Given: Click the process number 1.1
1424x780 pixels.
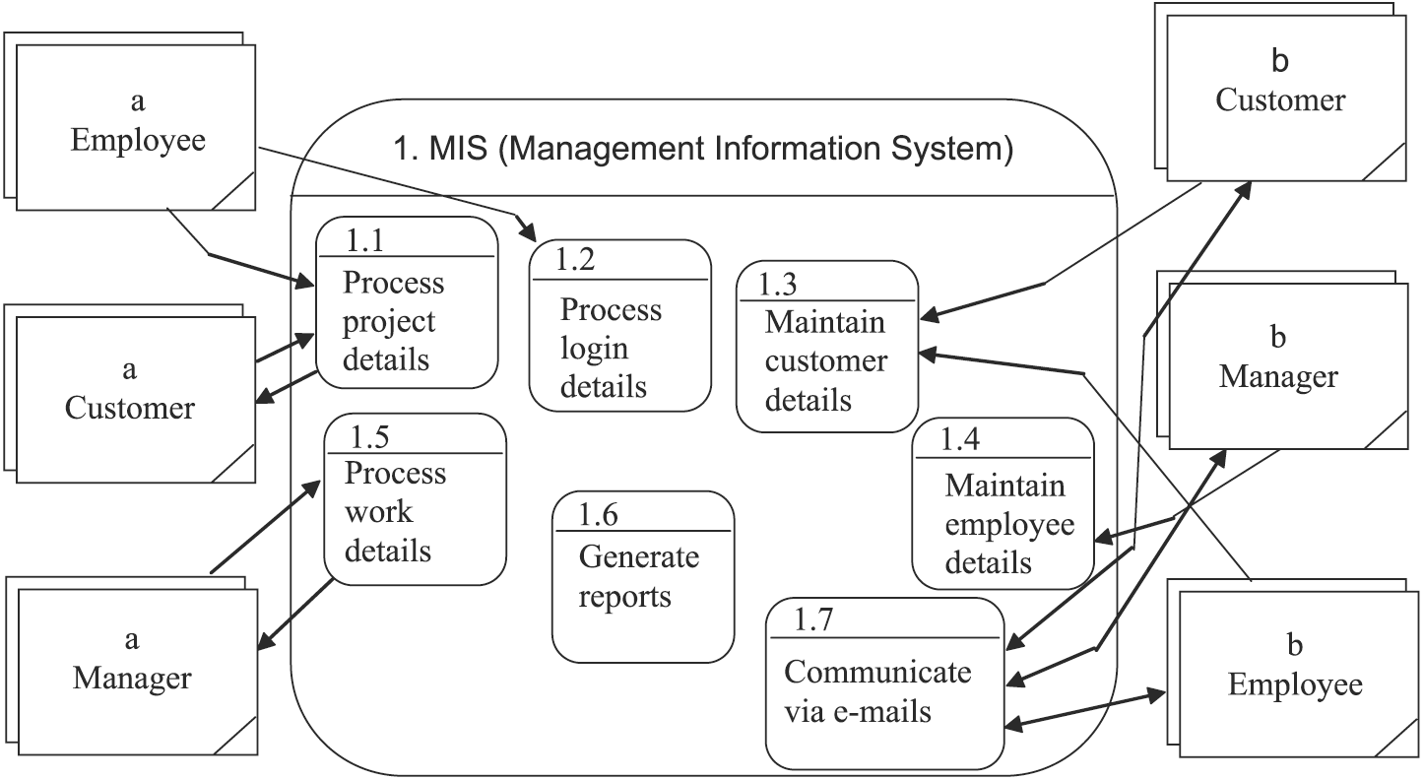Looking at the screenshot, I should (365, 239).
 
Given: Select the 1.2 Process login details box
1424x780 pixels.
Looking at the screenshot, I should (619, 325).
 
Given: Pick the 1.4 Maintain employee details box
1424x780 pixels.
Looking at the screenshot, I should (1003, 504).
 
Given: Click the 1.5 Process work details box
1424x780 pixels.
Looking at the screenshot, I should (415, 499).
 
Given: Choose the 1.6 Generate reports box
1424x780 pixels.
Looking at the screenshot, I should (643, 577).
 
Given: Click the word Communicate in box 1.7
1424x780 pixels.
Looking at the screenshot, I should (877, 672).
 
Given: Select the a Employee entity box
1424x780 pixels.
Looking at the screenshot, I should (137, 127).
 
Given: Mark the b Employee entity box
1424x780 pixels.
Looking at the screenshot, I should (1295, 674).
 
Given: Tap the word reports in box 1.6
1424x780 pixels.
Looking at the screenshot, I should (624, 597).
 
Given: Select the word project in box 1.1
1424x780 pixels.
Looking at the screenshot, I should (389, 321).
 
